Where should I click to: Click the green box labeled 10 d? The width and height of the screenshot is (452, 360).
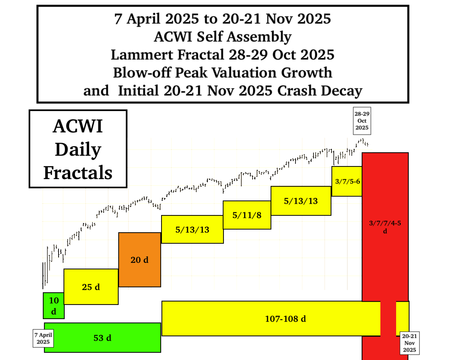pyautogui.click(x=54, y=306)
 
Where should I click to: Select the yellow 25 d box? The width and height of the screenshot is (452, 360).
pyautogui.click(x=91, y=287)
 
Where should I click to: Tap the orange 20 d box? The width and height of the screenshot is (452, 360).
pyautogui.click(x=139, y=260)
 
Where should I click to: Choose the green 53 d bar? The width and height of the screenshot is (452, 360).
pyautogui.click(x=103, y=338)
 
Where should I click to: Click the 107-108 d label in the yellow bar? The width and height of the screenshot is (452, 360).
pyautogui.click(x=286, y=319)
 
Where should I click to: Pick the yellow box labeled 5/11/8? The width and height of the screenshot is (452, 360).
pyautogui.click(x=247, y=215)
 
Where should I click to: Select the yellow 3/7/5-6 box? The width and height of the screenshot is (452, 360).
pyautogui.click(x=347, y=181)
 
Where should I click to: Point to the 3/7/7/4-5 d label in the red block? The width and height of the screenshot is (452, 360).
pyautogui.click(x=385, y=227)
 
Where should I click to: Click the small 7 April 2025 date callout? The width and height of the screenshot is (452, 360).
pyautogui.click(x=43, y=338)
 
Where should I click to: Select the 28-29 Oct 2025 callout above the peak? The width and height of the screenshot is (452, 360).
pyautogui.click(x=362, y=122)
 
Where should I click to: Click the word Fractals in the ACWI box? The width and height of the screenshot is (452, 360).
pyautogui.click(x=78, y=173)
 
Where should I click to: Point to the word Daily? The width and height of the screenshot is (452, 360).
pyautogui.click(x=78, y=150)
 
